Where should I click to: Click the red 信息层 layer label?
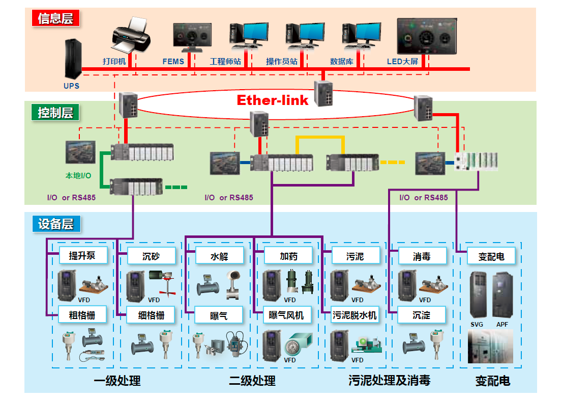click(x=56, y=19)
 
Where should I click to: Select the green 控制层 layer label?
click(x=56, y=113)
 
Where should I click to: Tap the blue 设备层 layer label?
click(x=56, y=224)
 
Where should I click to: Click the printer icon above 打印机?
click(x=131, y=36)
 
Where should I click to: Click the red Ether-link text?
click(x=273, y=100)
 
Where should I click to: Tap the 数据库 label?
click(x=342, y=62)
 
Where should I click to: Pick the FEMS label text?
click(x=173, y=62)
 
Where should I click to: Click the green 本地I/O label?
click(x=78, y=176)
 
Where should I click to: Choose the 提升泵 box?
click(x=82, y=255)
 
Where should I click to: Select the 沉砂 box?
click(x=151, y=256)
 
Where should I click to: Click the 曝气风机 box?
click(x=286, y=315)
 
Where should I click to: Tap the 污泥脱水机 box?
click(x=354, y=315)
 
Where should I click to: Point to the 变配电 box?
click(x=491, y=256)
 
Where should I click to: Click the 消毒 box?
click(x=422, y=256)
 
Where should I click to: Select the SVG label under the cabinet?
click(x=477, y=325)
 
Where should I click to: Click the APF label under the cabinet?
click(x=502, y=325)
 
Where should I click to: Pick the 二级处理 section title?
click(x=252, y=381)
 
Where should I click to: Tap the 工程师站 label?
click(x=225, y=62)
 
